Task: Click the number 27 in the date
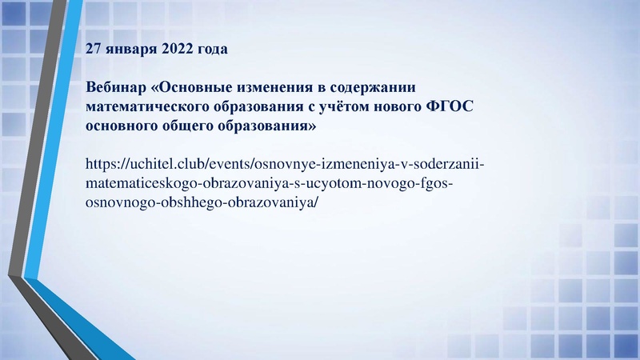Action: [94, 50]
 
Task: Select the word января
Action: [131, 50]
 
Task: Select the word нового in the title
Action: [384, 106]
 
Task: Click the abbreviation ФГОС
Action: [440, 106]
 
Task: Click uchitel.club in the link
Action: [163, 165]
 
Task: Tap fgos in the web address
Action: [438, 184]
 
